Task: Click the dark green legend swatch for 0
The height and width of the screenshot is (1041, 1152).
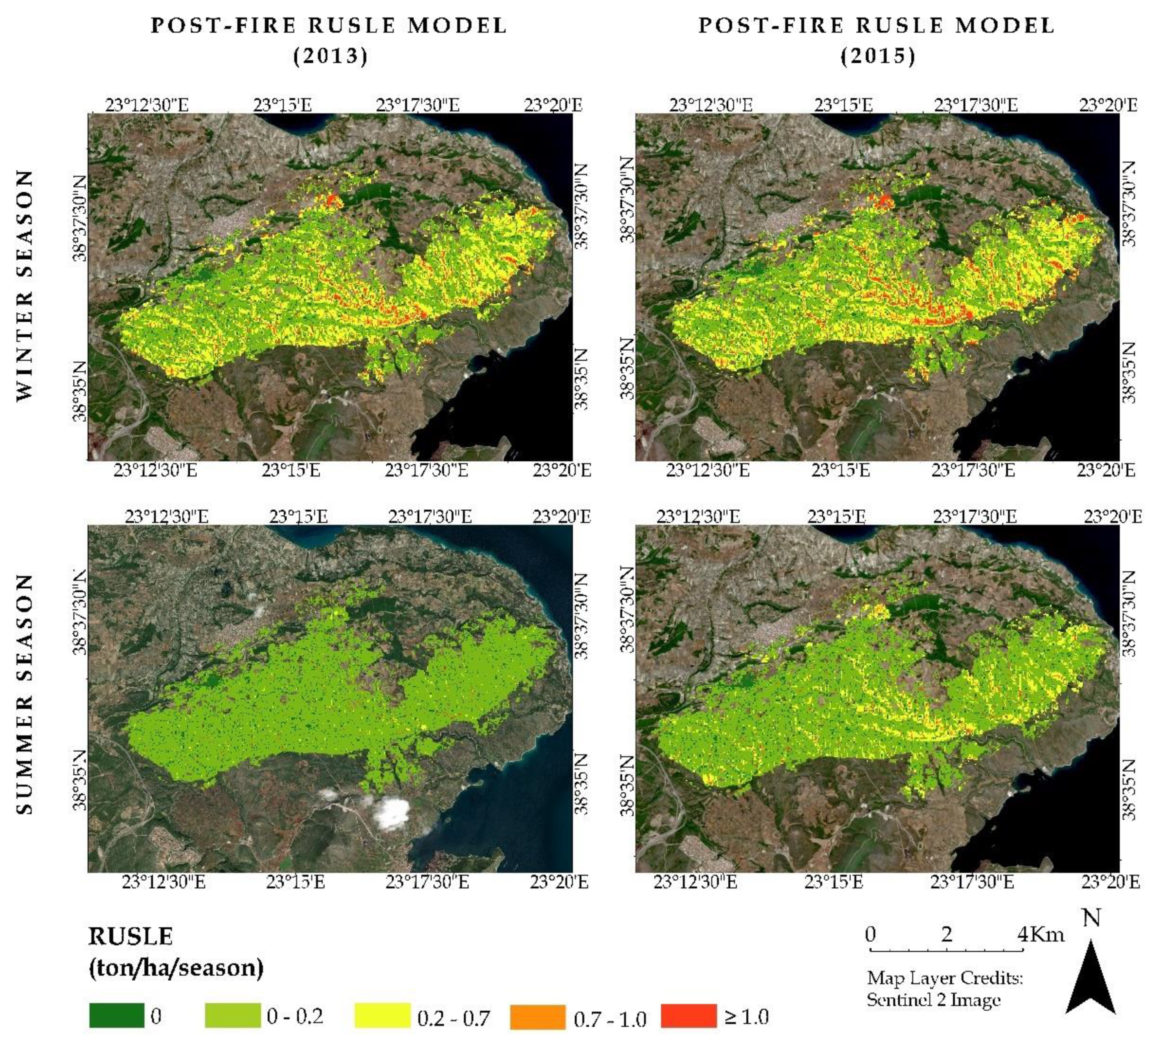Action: point(117,1015)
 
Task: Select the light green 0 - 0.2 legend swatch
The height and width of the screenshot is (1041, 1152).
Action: point(232,1015)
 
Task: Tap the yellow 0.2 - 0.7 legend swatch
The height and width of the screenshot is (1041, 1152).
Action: point(382,1015)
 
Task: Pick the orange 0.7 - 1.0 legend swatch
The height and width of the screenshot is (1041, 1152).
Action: point(537,1016)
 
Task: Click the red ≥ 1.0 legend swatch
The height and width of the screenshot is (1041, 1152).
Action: point(688,1015)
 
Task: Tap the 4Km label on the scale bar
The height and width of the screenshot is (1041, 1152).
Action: point(1041,935)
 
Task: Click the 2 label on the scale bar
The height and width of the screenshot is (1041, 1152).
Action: point(946,934)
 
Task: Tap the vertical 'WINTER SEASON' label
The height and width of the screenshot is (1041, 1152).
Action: point(24,286)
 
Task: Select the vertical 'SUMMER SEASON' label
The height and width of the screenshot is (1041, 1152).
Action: point(24,694)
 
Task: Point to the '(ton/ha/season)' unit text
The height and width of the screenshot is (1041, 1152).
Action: point(176,968)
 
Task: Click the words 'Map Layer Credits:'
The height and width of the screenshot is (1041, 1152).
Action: point(944,978)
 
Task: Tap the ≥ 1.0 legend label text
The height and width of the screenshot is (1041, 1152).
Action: point(746,1016)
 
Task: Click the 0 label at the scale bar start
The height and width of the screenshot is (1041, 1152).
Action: point(870,934)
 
